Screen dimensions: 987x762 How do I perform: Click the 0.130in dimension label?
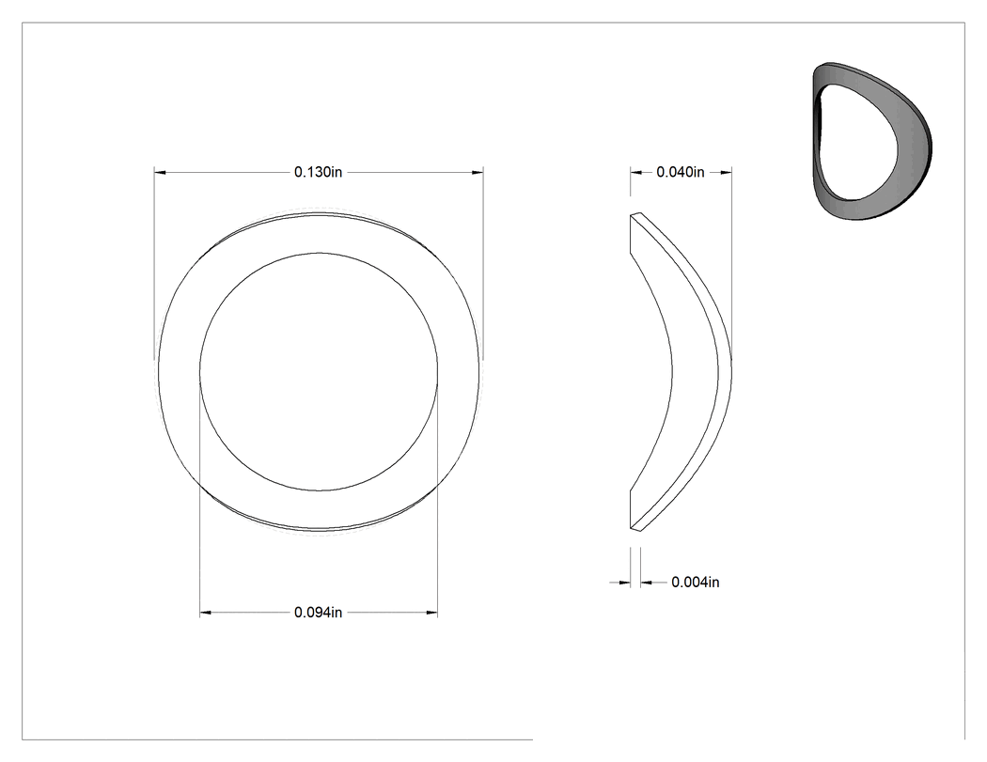(318, 172)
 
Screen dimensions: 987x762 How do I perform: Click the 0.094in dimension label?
(318, 613)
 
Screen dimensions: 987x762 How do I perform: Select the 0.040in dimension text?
(681, 172)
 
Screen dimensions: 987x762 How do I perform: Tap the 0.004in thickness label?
(695, 582)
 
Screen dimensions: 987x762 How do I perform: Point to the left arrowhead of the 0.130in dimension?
(160, 172)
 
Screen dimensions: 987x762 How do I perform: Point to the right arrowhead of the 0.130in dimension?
(478, 172)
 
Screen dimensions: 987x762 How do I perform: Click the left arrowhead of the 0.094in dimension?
(205, 613)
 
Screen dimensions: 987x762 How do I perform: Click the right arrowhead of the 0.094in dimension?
(431, 613)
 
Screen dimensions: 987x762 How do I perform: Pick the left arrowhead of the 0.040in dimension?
(635, 172)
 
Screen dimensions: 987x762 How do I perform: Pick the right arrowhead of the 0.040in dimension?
(726, 172)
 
